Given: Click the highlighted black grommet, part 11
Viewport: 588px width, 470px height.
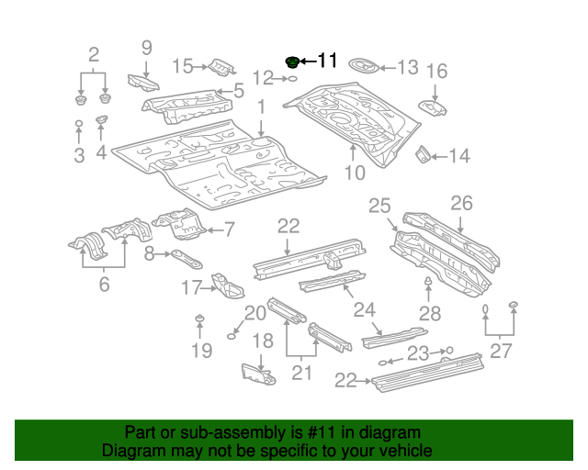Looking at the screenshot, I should click(293, 62).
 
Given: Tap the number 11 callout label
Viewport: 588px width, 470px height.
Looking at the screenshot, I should click(327, 62).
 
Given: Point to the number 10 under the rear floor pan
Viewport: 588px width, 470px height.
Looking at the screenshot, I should click(355, 172).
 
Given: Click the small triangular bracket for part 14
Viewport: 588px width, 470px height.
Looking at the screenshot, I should click(424, 154).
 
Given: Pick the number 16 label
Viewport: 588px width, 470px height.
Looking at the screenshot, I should click(436, 72).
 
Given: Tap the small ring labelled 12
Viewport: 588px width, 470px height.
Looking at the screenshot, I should click(290, 79).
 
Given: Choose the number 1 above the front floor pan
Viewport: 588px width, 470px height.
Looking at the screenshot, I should click(261, 107).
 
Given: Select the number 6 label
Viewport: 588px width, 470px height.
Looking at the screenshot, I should click(104, 285).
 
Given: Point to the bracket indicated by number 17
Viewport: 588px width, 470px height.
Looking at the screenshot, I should click(224, 285).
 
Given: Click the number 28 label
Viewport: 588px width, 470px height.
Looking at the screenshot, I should click(429, 314).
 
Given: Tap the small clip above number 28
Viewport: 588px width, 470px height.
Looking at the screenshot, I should click(429, 281).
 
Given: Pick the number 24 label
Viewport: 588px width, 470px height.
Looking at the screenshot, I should click(365, 308).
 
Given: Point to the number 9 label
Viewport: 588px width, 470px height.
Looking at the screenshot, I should click(146, 48).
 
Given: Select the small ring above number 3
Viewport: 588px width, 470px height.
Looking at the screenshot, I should click(79, 123).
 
